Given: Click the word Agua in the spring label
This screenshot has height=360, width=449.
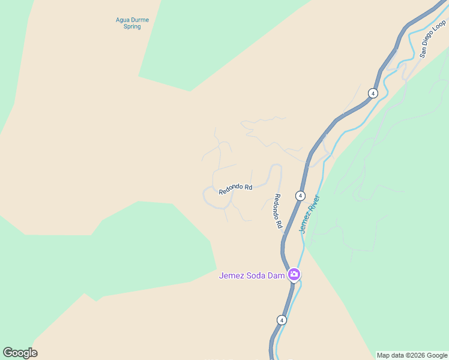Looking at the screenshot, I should coord(123,20).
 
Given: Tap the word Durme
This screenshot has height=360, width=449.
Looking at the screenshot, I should coord(140,20).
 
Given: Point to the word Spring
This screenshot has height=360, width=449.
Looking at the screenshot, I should coord(131,27).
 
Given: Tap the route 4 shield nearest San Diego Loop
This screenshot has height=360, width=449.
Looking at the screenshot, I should coord(373,93).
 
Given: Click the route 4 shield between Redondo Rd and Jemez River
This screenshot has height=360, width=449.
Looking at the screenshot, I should coord(300,196).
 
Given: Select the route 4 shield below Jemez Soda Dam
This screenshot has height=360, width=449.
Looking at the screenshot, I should coord(282,320).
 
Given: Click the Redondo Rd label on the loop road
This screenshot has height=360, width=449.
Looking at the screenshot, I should coord(235,188).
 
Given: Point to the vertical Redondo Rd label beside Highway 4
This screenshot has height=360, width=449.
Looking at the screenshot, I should coord(278,211).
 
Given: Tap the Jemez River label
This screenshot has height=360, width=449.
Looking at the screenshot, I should coord(310,214).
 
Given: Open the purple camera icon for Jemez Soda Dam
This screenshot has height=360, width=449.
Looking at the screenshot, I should coord(294,275).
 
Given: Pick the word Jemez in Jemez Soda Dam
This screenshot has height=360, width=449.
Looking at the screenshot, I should coord(232,276).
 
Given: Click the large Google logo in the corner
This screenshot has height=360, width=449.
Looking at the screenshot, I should coord(20,353).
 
